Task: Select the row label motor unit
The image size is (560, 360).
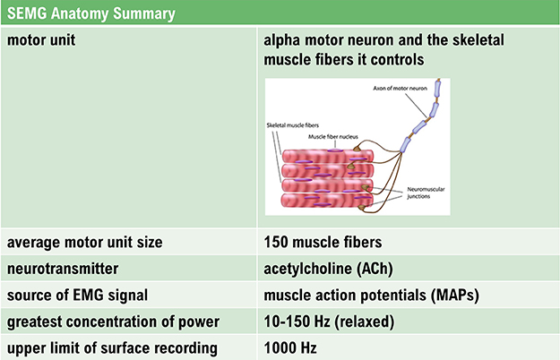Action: pos(42,41)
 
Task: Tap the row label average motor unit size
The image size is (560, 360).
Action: pos(86,243)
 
